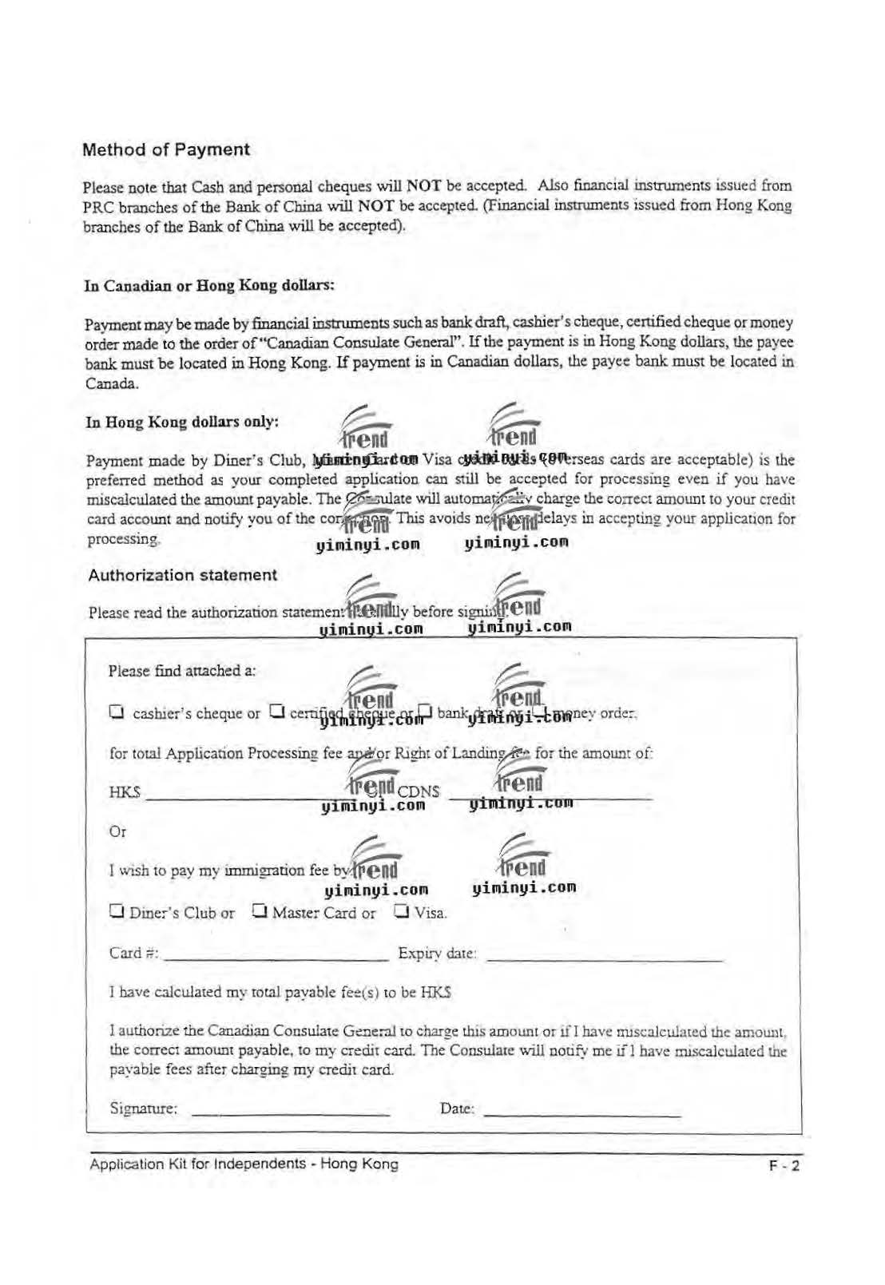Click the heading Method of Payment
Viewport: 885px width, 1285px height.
[x=166, y=149]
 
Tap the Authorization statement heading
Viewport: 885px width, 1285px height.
[x=182, y=575]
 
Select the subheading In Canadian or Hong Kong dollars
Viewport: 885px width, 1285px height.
[x=209, y=285]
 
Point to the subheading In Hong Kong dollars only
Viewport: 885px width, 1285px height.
[x=182, y=422]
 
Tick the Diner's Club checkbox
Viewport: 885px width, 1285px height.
[x=117, y=910]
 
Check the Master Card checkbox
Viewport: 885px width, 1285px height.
[x=259, y=910]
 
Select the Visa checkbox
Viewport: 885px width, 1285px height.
[x=402, y=910]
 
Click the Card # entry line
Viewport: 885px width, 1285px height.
[x=276, y=958]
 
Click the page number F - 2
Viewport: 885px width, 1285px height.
[x=784, y=1166]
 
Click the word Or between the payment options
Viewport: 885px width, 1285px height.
[x=117, y=831]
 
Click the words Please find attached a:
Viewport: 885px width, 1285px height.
[x=182, y=671]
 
